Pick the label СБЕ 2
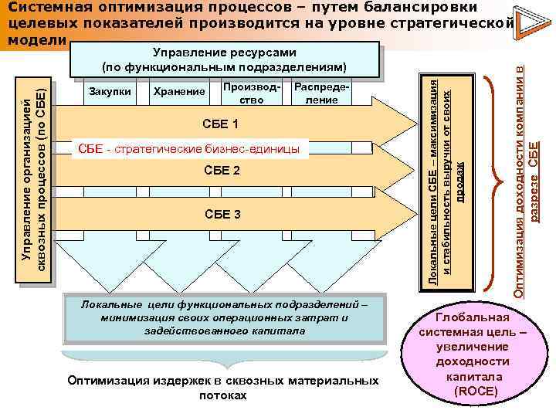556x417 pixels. click(220, 169)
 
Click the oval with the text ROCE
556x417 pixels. click(472, 354)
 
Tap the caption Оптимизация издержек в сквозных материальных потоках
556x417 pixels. click(223, 388)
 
